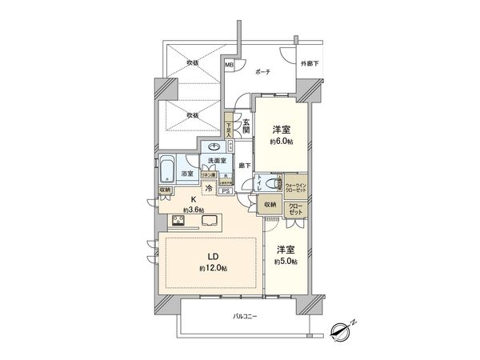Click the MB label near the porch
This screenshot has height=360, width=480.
pyautogui.click(x=229, y=65)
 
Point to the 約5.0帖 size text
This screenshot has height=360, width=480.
pyautogui.click(x=287, y=262)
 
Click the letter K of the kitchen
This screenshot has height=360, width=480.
pyautogui.click(x=192, y=201)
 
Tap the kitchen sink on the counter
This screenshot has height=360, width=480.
pyautogui.click(x=210, y=221)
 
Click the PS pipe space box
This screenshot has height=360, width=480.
pyautogui.click(x=226, y=191)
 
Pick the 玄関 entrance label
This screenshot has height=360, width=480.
pyautogui.click(x=247, y=126)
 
